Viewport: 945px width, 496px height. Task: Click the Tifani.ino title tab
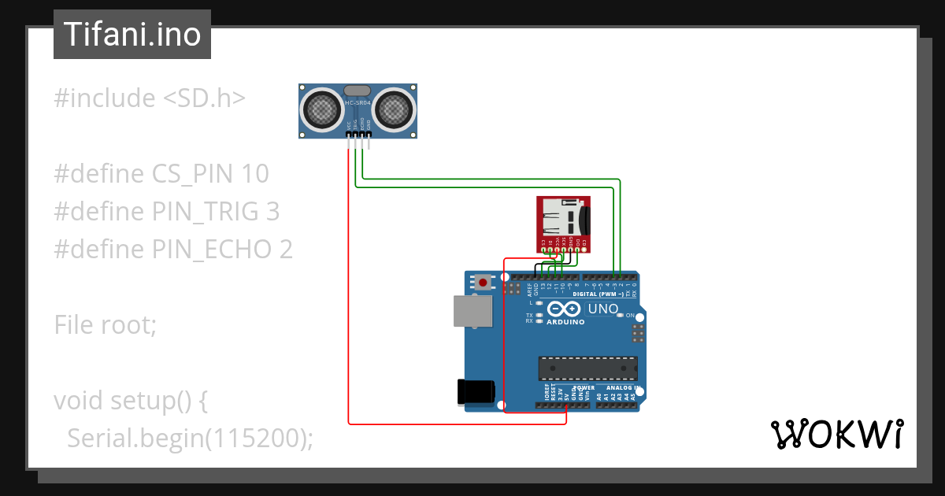coord(132,35)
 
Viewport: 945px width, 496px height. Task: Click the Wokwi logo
coord(836,434)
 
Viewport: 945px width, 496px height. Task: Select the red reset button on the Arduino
coord(483,280)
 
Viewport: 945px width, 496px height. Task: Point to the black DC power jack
coord(476,391)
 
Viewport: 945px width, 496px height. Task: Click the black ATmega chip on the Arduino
coord(587,368)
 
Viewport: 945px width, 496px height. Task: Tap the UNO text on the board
coord(603,309)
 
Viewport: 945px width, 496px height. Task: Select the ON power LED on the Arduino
coord(621,316)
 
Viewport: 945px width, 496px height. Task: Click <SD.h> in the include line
coord(204,98)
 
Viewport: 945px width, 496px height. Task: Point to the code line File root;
coord(106,324)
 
